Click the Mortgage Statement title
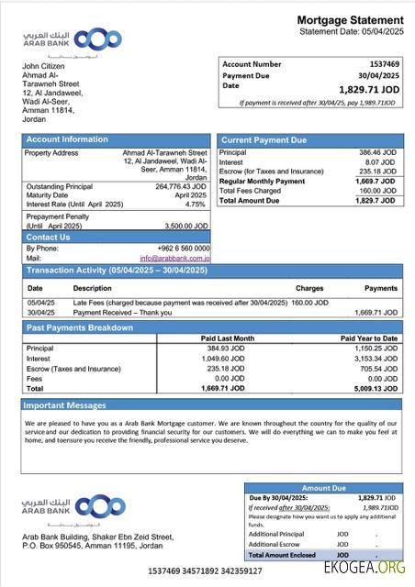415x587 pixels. click(350, 20)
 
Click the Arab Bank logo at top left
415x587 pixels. click(72, 40)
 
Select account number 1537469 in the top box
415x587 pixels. click(384, 64)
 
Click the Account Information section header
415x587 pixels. click(66, 139)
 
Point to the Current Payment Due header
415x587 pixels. click(264, 139)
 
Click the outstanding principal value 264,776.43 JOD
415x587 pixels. click(181, 186)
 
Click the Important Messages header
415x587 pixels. click(65, 404)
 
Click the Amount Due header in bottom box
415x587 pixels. click(322, 489)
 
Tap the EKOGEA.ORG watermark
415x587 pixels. click(364, 569)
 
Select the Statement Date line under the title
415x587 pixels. click(351, 32)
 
